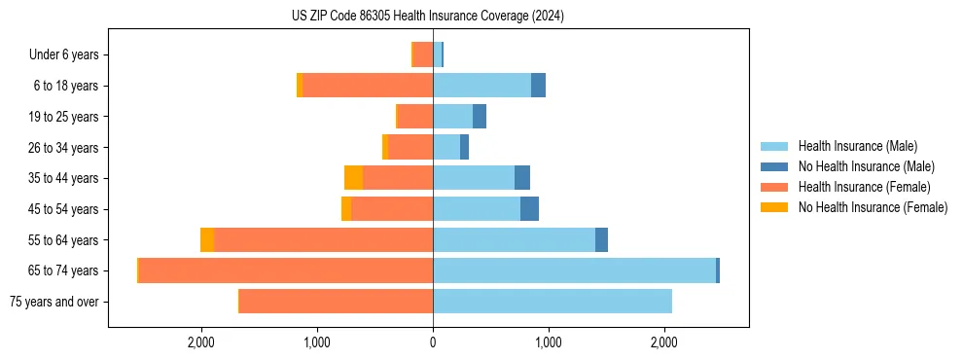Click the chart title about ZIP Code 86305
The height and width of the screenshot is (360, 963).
click(x=427, y=17)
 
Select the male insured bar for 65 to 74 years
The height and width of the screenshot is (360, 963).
click(x=574, y=270)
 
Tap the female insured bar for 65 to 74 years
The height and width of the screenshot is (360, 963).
click(x=286, y=270)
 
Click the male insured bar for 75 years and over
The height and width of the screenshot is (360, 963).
click(x=553, y=302)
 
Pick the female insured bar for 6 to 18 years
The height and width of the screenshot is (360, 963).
click(x=368, y=86)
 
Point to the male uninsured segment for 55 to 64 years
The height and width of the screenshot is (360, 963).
click(x=601, y=239)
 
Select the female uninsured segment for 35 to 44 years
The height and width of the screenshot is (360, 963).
click(x=353, y=178)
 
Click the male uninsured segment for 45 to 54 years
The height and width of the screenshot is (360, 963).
click(x=529, y=209)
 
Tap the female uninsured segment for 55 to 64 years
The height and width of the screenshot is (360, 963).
click(x=207, y=239)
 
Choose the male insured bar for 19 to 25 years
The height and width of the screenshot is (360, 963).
click(x=452, y=117)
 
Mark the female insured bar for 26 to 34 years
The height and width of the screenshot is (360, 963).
click(x=410, y=147)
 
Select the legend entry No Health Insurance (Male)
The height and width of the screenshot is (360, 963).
click(x=866, y=166)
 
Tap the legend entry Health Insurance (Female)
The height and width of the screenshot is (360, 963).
click(x=864, y=187)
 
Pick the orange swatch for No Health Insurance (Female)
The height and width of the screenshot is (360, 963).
click(x=774, y=207)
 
